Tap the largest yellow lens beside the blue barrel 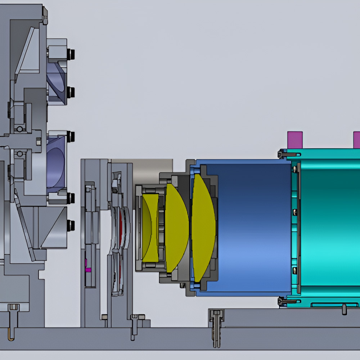tap(203, 228)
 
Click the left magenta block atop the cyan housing tap(295, 140)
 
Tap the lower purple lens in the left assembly tap(56, 164)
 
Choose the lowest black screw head tap(71, 225)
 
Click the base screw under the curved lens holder tap(134, 326)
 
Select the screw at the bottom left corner tap(13, 320)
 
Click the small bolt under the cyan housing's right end tap(344, 308)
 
